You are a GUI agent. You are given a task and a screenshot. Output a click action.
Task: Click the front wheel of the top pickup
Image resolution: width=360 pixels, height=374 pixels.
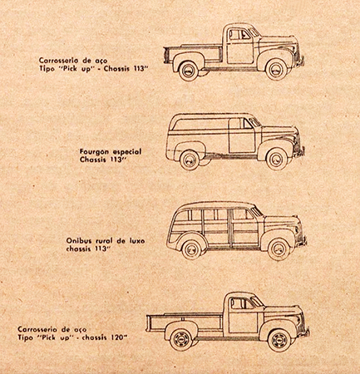pyautogui.click(x=276, y=69)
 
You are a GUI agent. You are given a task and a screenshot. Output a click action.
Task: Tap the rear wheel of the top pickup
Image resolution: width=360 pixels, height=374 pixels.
pyautogui.click(x=189, y=71)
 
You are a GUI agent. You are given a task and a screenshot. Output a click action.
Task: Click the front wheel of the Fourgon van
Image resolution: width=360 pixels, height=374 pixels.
pyautogui.click(x=277, y=159)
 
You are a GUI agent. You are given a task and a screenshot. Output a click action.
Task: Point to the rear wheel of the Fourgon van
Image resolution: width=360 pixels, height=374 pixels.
pyautogui.click(x=190, y=160)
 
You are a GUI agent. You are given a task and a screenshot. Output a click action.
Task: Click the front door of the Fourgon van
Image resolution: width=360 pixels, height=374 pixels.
pyautogui.click(x=242, y=135)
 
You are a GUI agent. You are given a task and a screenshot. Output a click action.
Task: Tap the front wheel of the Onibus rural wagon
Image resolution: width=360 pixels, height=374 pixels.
pyautogui.click(x=279, y=249)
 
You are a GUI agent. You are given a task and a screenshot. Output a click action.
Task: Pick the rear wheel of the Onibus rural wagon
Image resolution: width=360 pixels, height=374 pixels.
pyautogui.click(x=191, y=249)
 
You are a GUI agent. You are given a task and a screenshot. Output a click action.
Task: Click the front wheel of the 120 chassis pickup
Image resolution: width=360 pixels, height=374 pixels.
pyautogui.click(x=279, y=340)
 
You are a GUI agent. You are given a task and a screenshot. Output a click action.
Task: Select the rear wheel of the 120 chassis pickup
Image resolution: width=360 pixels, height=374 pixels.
pyautogui.click(x=180, y=339)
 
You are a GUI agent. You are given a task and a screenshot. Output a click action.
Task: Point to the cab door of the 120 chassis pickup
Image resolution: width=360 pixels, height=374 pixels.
pyautogui.click(x=243, y=315)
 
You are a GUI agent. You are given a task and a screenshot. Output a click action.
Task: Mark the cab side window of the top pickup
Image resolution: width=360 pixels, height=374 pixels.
pyautogui.click(x=239, y=34)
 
